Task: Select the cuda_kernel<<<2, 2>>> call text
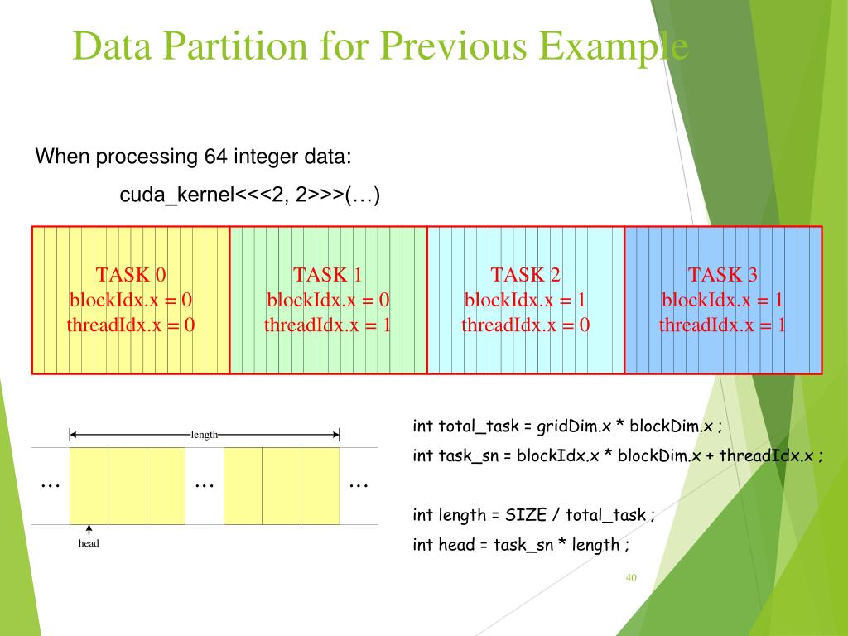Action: click(249, 196)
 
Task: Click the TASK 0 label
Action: click(131, 275)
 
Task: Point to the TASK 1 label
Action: click(327, 275)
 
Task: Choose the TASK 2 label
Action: click(525, 275)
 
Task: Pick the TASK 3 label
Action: click(722, 275)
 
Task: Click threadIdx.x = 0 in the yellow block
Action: click(131, 325)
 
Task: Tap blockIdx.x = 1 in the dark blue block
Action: click(722, 300)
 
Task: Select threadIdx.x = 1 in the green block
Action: click(327, 325)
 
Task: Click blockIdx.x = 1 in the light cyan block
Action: click(525, 300)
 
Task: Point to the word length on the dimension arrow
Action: click(204, 434)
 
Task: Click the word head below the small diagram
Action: click(89, 544)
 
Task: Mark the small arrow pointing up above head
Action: click(89, 530)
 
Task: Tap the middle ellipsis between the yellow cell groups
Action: click(204, 484)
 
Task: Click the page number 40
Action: click(631, 577)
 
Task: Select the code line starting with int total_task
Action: click(567, 426)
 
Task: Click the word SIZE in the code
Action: click(525, 515)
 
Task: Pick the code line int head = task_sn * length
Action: click(521, 544)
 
